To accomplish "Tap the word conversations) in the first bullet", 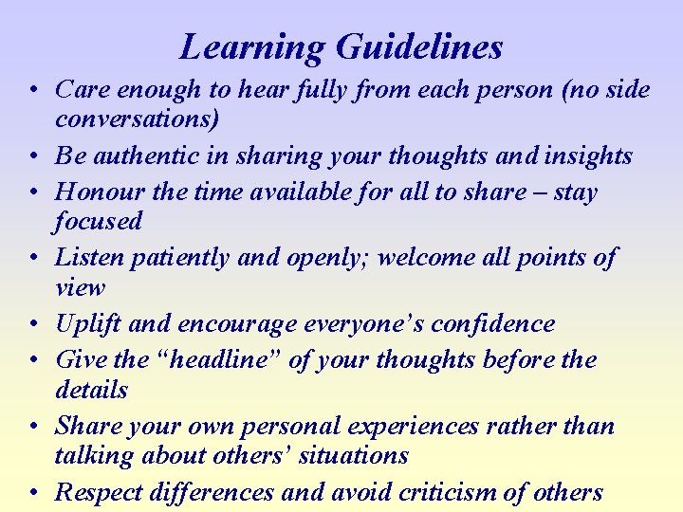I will pos(138,119).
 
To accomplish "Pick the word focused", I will pos(98,221).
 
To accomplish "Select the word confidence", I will pos(492,323).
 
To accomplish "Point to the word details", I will pos(91,390).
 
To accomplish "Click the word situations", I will pos(352,455).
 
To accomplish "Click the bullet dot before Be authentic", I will pos(32,156).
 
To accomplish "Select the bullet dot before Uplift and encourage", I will pos(32,324).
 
